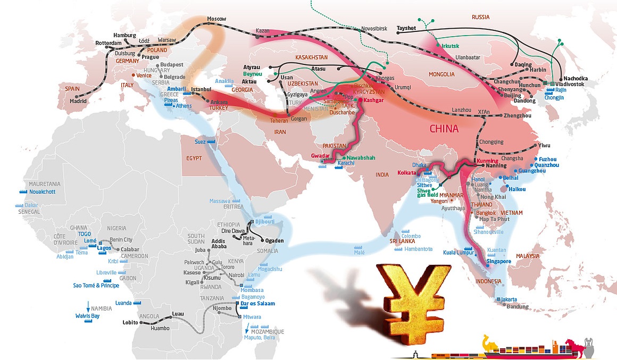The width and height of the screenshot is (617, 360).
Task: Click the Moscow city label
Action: click(x=216, y=19)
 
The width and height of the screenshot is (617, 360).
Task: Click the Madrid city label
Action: click(x=78, y=101)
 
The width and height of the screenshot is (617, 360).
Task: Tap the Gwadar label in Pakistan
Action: click(x=320, y=155)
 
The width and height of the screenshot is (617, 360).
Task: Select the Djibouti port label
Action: click(x=264, y=221)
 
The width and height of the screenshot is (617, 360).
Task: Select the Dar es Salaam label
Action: click(x=257, y=303)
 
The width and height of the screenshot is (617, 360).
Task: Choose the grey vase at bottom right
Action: click(x=589, y=345)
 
